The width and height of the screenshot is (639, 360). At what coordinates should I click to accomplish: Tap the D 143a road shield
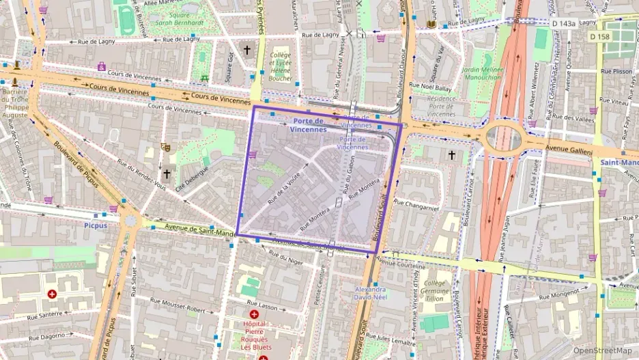(x=563, y=23)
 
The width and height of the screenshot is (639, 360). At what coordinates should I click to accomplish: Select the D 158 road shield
(x=599, y=36)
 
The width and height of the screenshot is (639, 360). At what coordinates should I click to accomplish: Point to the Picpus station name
(x=96, y=225)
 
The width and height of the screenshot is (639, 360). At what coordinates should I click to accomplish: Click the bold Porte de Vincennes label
(x=308, y=124)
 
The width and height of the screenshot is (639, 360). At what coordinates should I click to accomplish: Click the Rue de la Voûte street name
(x=285, y=189)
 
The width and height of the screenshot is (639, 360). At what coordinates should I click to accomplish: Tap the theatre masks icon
(x=165, y=147)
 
